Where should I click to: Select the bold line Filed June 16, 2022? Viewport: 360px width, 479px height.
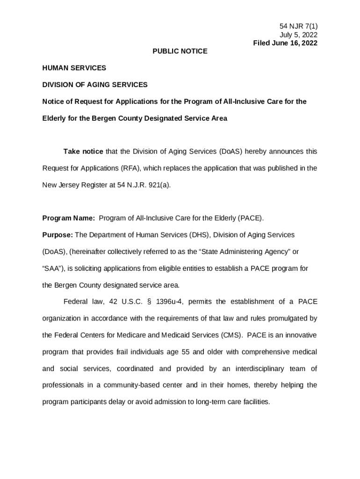[x=285, y=43]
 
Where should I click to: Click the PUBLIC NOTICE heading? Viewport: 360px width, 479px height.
[x=180, y=51]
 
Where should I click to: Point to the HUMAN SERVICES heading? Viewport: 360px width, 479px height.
[x=74, y=68]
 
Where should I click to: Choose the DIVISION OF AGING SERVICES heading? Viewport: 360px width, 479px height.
[x=95, y=85]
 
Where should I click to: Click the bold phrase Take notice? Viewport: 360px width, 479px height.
[x=83, y=152]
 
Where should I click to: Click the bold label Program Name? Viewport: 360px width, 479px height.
[x=69, y=218]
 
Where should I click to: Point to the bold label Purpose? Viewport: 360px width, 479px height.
[x=58, y=235]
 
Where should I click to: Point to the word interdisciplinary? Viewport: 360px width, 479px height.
[x=259, y=369]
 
